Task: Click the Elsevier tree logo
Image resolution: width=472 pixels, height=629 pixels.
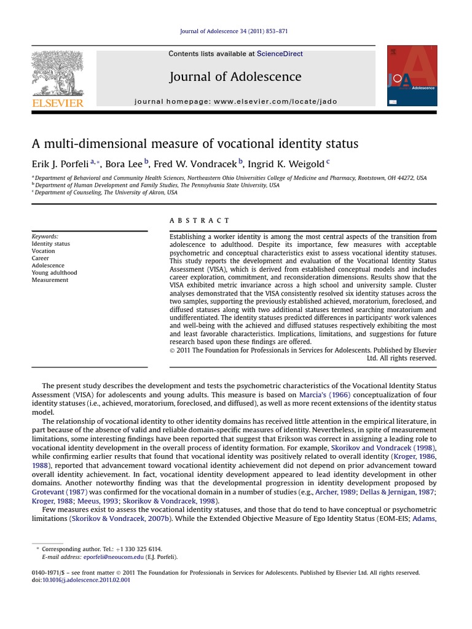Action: click(x=57, y=72)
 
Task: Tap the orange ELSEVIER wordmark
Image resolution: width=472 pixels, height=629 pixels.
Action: click(x=58, y=103)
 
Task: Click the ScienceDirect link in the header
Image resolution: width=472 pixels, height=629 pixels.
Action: click(x=280, y=54)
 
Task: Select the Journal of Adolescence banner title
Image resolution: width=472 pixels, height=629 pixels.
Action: click(x=235, y=77)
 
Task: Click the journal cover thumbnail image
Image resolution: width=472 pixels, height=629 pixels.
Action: click(x=412, y=76)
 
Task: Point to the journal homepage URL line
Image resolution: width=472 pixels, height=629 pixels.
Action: click(x=235, y=101)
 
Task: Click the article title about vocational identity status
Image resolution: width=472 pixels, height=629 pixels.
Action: click(x=195, y=144)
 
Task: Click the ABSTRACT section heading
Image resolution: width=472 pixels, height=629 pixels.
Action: click(x=199, y=221)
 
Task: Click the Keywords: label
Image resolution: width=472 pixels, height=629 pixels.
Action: click(x=45, y=236)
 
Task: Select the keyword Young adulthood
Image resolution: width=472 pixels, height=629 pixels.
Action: click(x=54, y=273)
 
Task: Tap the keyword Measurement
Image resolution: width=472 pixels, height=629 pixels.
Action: click(x=50, y=280)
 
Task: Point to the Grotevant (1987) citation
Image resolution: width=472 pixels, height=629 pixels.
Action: click(x=59, y=492)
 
